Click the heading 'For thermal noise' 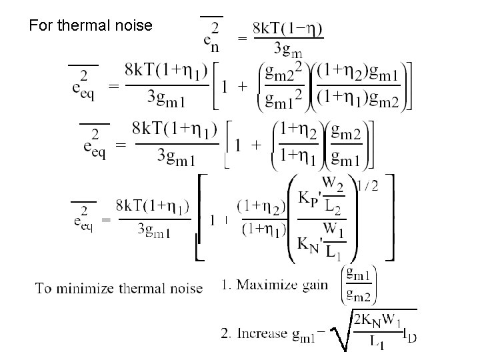[x=91, y=26]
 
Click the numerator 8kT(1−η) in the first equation [x=287, y=30]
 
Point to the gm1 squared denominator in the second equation [x=283, y=99]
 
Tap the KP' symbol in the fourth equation [x=307, y=198]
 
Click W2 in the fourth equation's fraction [x=333, y=182]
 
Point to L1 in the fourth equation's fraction [x=333, y=253]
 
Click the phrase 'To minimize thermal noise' [x=119, y=288]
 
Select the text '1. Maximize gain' [x=274, y=285]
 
